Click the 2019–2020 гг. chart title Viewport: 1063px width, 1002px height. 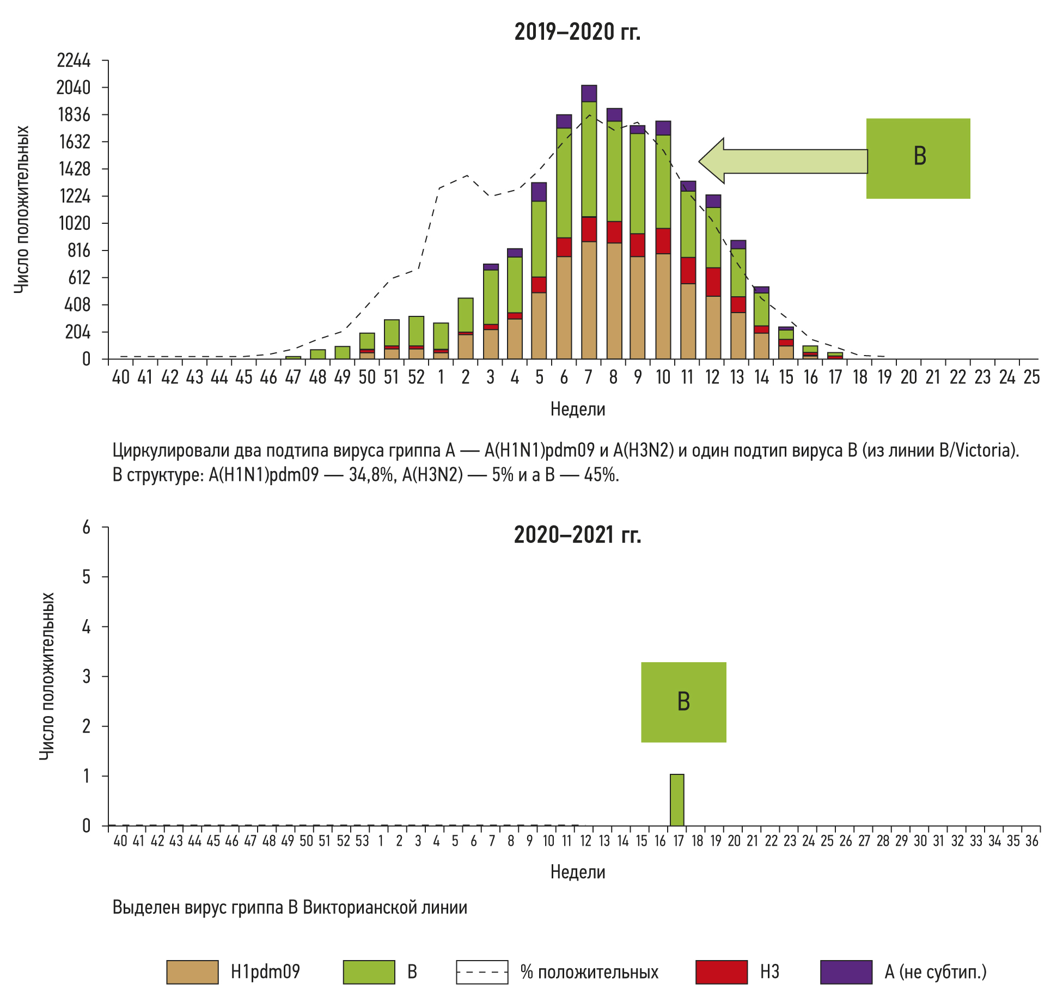pos(577,32)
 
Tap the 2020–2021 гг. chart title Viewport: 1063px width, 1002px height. pos(577,535)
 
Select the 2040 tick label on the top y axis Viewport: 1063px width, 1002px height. pos(74,87)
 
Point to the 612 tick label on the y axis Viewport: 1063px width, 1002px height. pos(79,278)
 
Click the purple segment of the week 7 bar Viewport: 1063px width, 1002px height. pos(589,93)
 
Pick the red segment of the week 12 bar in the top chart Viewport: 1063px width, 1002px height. pos(713,282)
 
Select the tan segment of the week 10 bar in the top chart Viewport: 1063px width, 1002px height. pos(663,306)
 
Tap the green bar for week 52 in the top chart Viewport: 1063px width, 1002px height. pos(416,331)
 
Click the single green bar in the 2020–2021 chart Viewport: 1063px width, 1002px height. pos(677,800)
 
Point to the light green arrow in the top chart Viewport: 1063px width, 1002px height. pos(784,161)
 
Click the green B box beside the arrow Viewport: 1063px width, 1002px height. pos(918,158)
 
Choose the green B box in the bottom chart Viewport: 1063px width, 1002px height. pos(683,702)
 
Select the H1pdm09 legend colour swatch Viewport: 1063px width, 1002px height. pos(192,972)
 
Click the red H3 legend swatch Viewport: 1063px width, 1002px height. pos(721,972)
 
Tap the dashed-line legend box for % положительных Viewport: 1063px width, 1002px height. pos(482,972)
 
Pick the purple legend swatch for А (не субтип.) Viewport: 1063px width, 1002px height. pos(846,972)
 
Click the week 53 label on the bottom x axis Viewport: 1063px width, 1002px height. pos(362,841)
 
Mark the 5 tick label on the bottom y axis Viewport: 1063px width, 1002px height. pos(86,577)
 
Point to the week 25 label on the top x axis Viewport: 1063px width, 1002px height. pos(1031,377)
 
